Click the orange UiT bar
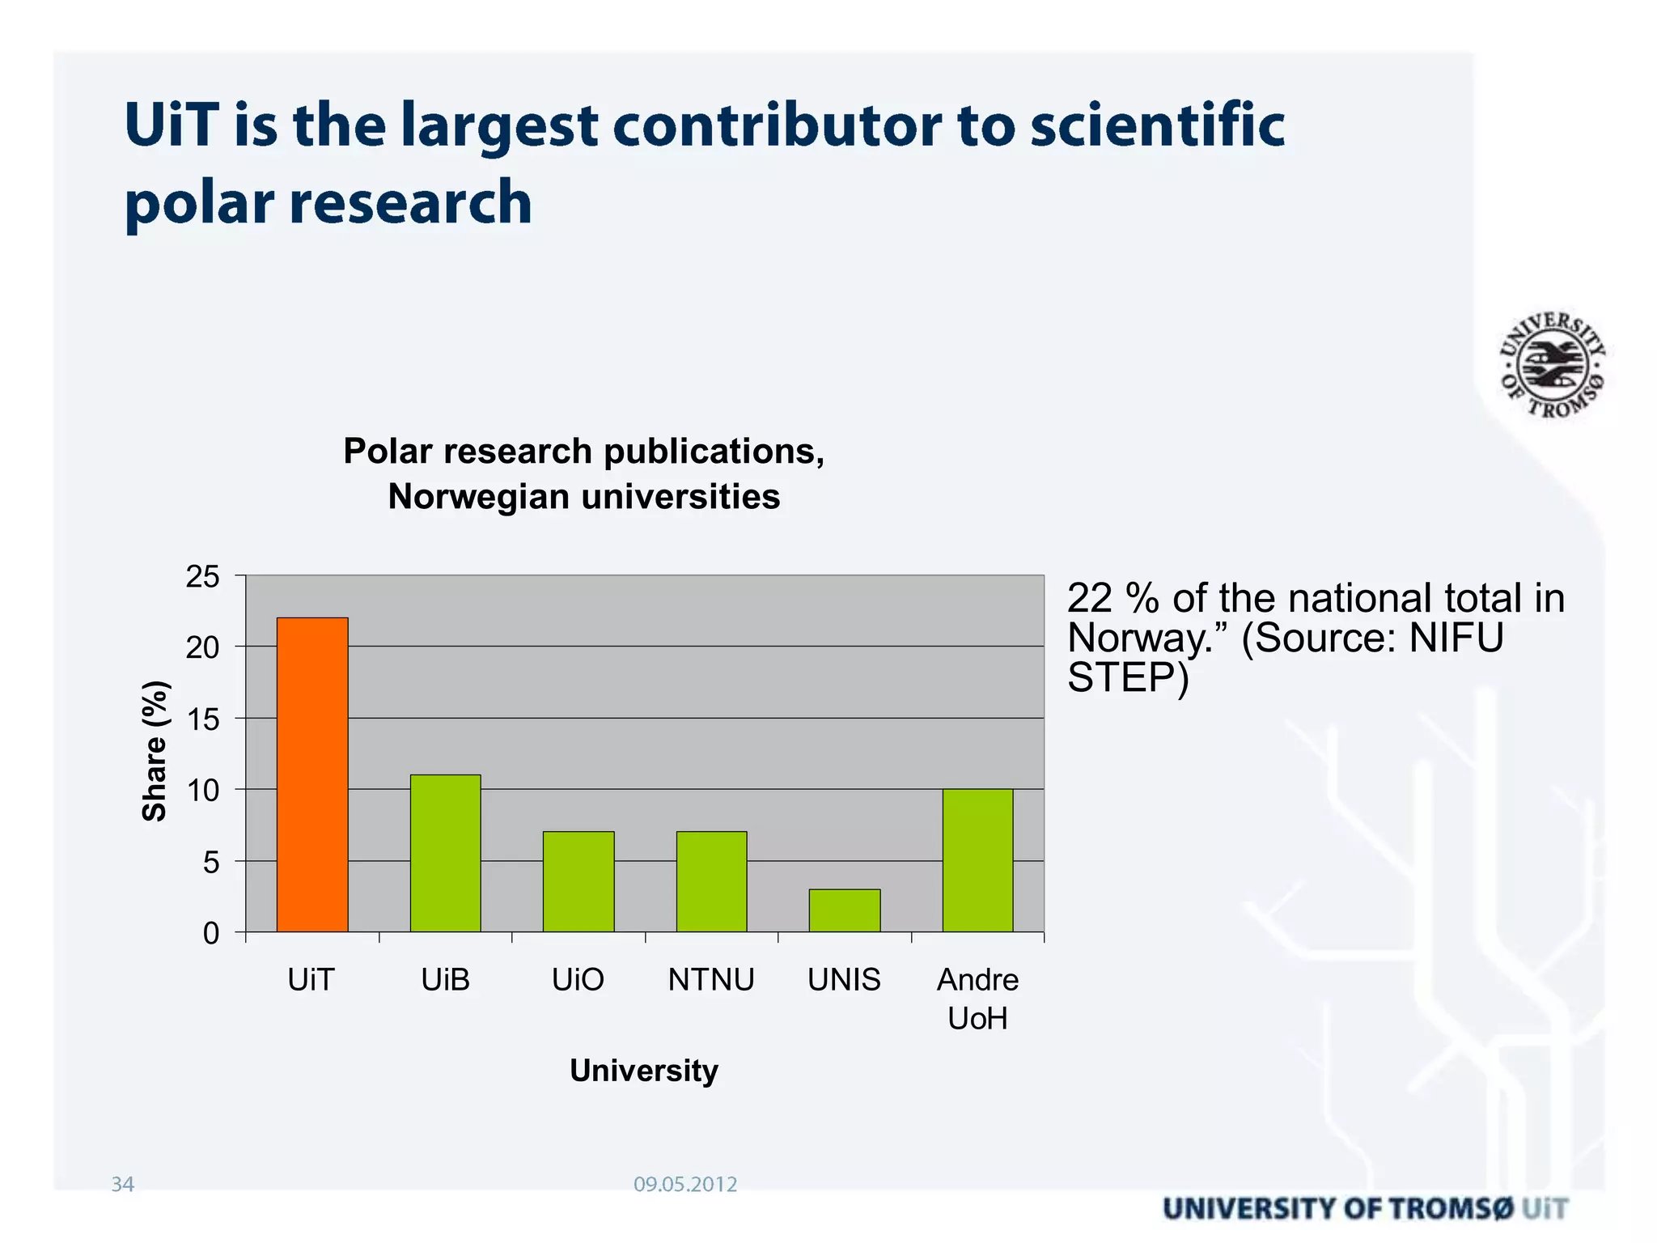312,774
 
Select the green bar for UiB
445,853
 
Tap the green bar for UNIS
844,910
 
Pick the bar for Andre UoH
977,860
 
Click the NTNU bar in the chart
711,881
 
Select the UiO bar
578,881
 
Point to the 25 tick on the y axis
202,577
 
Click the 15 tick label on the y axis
202,719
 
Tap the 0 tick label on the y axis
210,934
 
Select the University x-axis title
644,1071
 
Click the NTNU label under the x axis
711,980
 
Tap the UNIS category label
844,980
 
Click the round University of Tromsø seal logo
1552,365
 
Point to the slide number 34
122,1185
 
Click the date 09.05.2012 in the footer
685,1185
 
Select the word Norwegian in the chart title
477,497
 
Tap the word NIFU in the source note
1456,638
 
